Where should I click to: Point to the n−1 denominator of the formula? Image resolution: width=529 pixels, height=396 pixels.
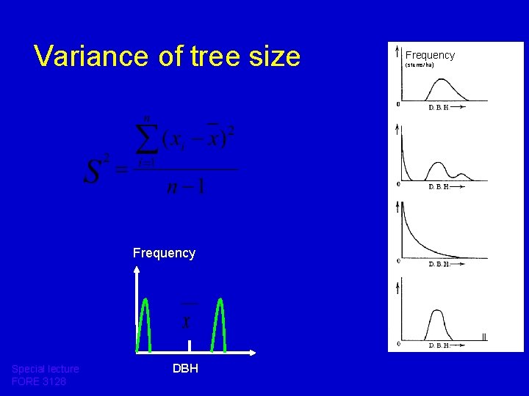185,186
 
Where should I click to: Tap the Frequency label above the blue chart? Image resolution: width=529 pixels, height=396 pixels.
164,253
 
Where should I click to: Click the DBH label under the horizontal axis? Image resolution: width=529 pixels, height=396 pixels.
185,368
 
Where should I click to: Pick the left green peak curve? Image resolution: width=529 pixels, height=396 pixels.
147,323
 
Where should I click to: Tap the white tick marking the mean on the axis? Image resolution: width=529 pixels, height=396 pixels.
189,346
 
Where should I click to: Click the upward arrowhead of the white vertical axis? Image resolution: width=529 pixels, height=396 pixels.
137,270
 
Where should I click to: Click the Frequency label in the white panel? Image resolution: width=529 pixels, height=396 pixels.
430,55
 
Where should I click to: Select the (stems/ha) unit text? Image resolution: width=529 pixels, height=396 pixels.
420,65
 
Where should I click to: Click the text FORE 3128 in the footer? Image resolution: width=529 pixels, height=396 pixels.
39,382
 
